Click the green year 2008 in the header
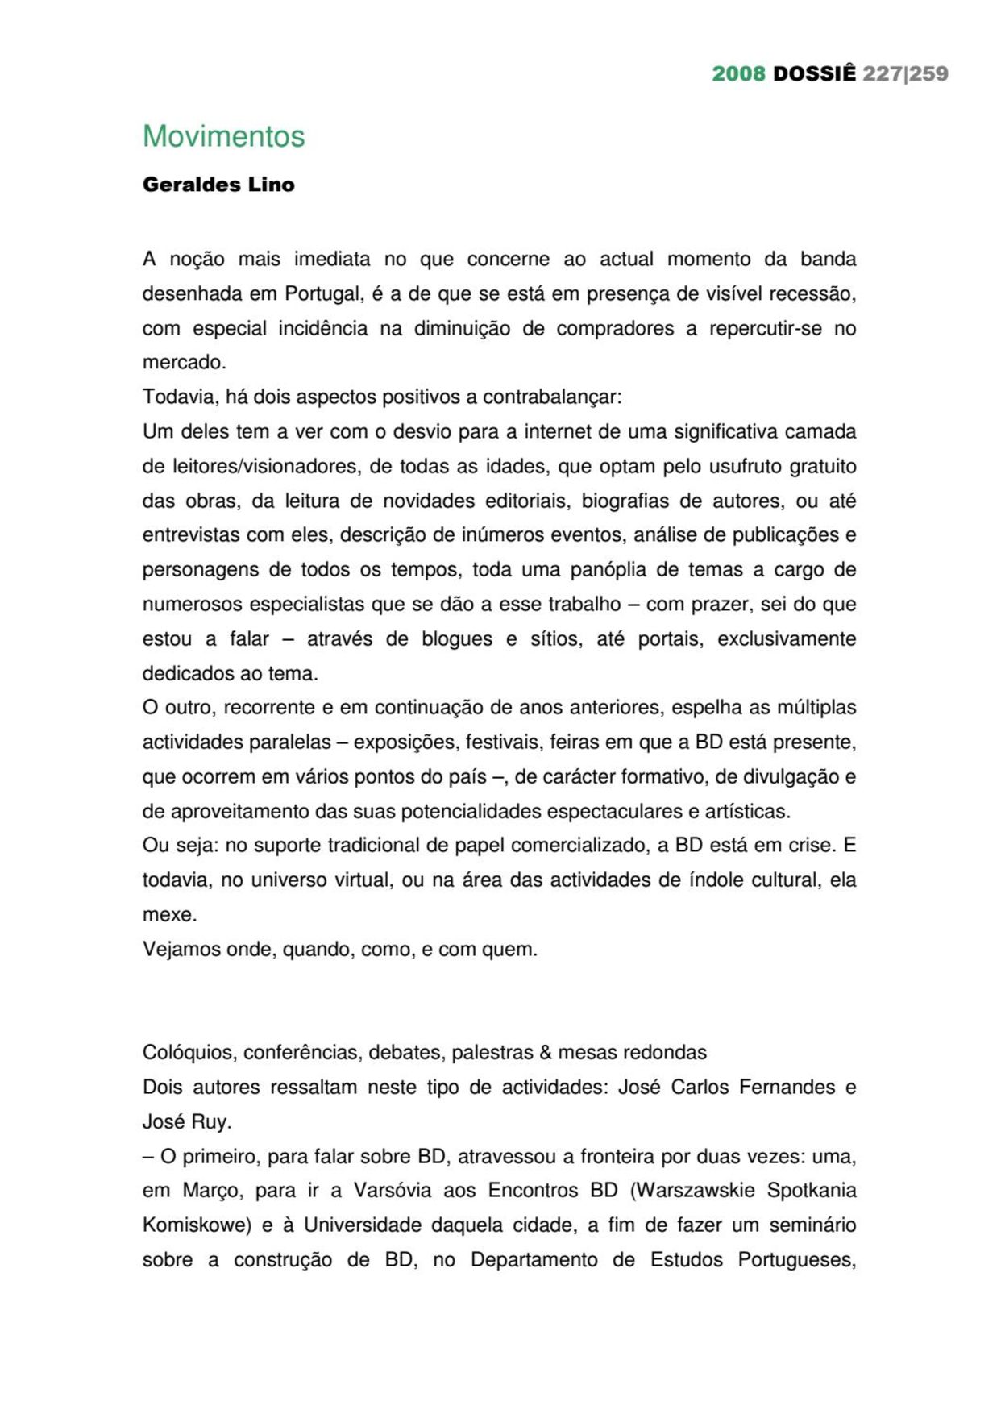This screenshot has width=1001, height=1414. (x=738, y=73)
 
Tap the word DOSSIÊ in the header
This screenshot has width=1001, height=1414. (x=814, y=73)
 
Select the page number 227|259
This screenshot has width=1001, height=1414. (x=905, y=73)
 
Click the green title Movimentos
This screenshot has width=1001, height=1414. (x=223, y=136)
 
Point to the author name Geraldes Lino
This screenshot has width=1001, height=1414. (x=218, y=185)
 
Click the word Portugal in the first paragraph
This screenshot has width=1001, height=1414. (x=323, y=293)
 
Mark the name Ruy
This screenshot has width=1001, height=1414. (x=210, y=1121)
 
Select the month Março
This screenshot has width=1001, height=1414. (x=212, y=1191)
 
